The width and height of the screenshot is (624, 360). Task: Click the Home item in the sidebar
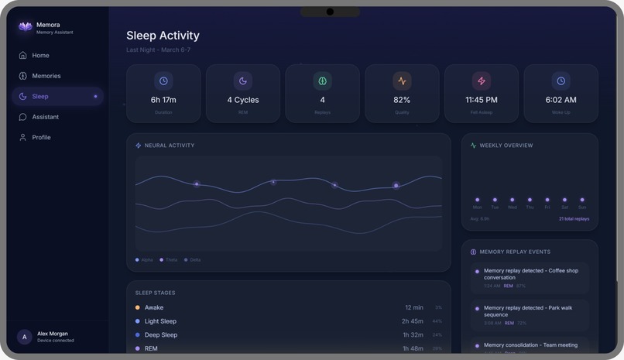click(x=40, y=56)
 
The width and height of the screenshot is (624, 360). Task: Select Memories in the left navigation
click(x=46, y=76)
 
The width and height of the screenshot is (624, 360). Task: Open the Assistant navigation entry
click(x=45, y=117)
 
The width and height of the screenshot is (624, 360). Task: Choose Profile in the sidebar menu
click(x=41, y=137)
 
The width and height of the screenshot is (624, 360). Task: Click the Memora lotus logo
click(x=25, y=27)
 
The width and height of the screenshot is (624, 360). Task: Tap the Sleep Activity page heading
click(x=163, y=36)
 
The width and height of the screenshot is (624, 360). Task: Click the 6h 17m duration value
click(x=163, y=100)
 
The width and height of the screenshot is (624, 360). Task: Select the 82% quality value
click(x=402, y=100)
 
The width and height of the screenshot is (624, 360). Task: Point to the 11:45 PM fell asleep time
click(x=482, y=100)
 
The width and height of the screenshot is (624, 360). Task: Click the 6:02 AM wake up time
click(x=561, y=100)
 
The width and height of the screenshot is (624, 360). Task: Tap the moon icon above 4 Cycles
click(x=243, y=81)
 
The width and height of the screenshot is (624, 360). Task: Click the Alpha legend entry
click(x=145, y=260)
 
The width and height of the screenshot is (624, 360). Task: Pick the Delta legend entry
click(x=193, y=260)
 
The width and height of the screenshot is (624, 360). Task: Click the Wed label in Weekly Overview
click(x=512, y=207)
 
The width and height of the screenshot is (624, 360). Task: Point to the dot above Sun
click(x=582, y=200)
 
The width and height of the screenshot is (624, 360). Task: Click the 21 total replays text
click(x=574, y=219)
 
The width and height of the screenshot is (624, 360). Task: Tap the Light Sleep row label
click(x=160, y=321)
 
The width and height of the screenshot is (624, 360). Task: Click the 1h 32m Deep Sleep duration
click(x=413, y=335)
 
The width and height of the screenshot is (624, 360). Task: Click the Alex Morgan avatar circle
click(x=25, y=337)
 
